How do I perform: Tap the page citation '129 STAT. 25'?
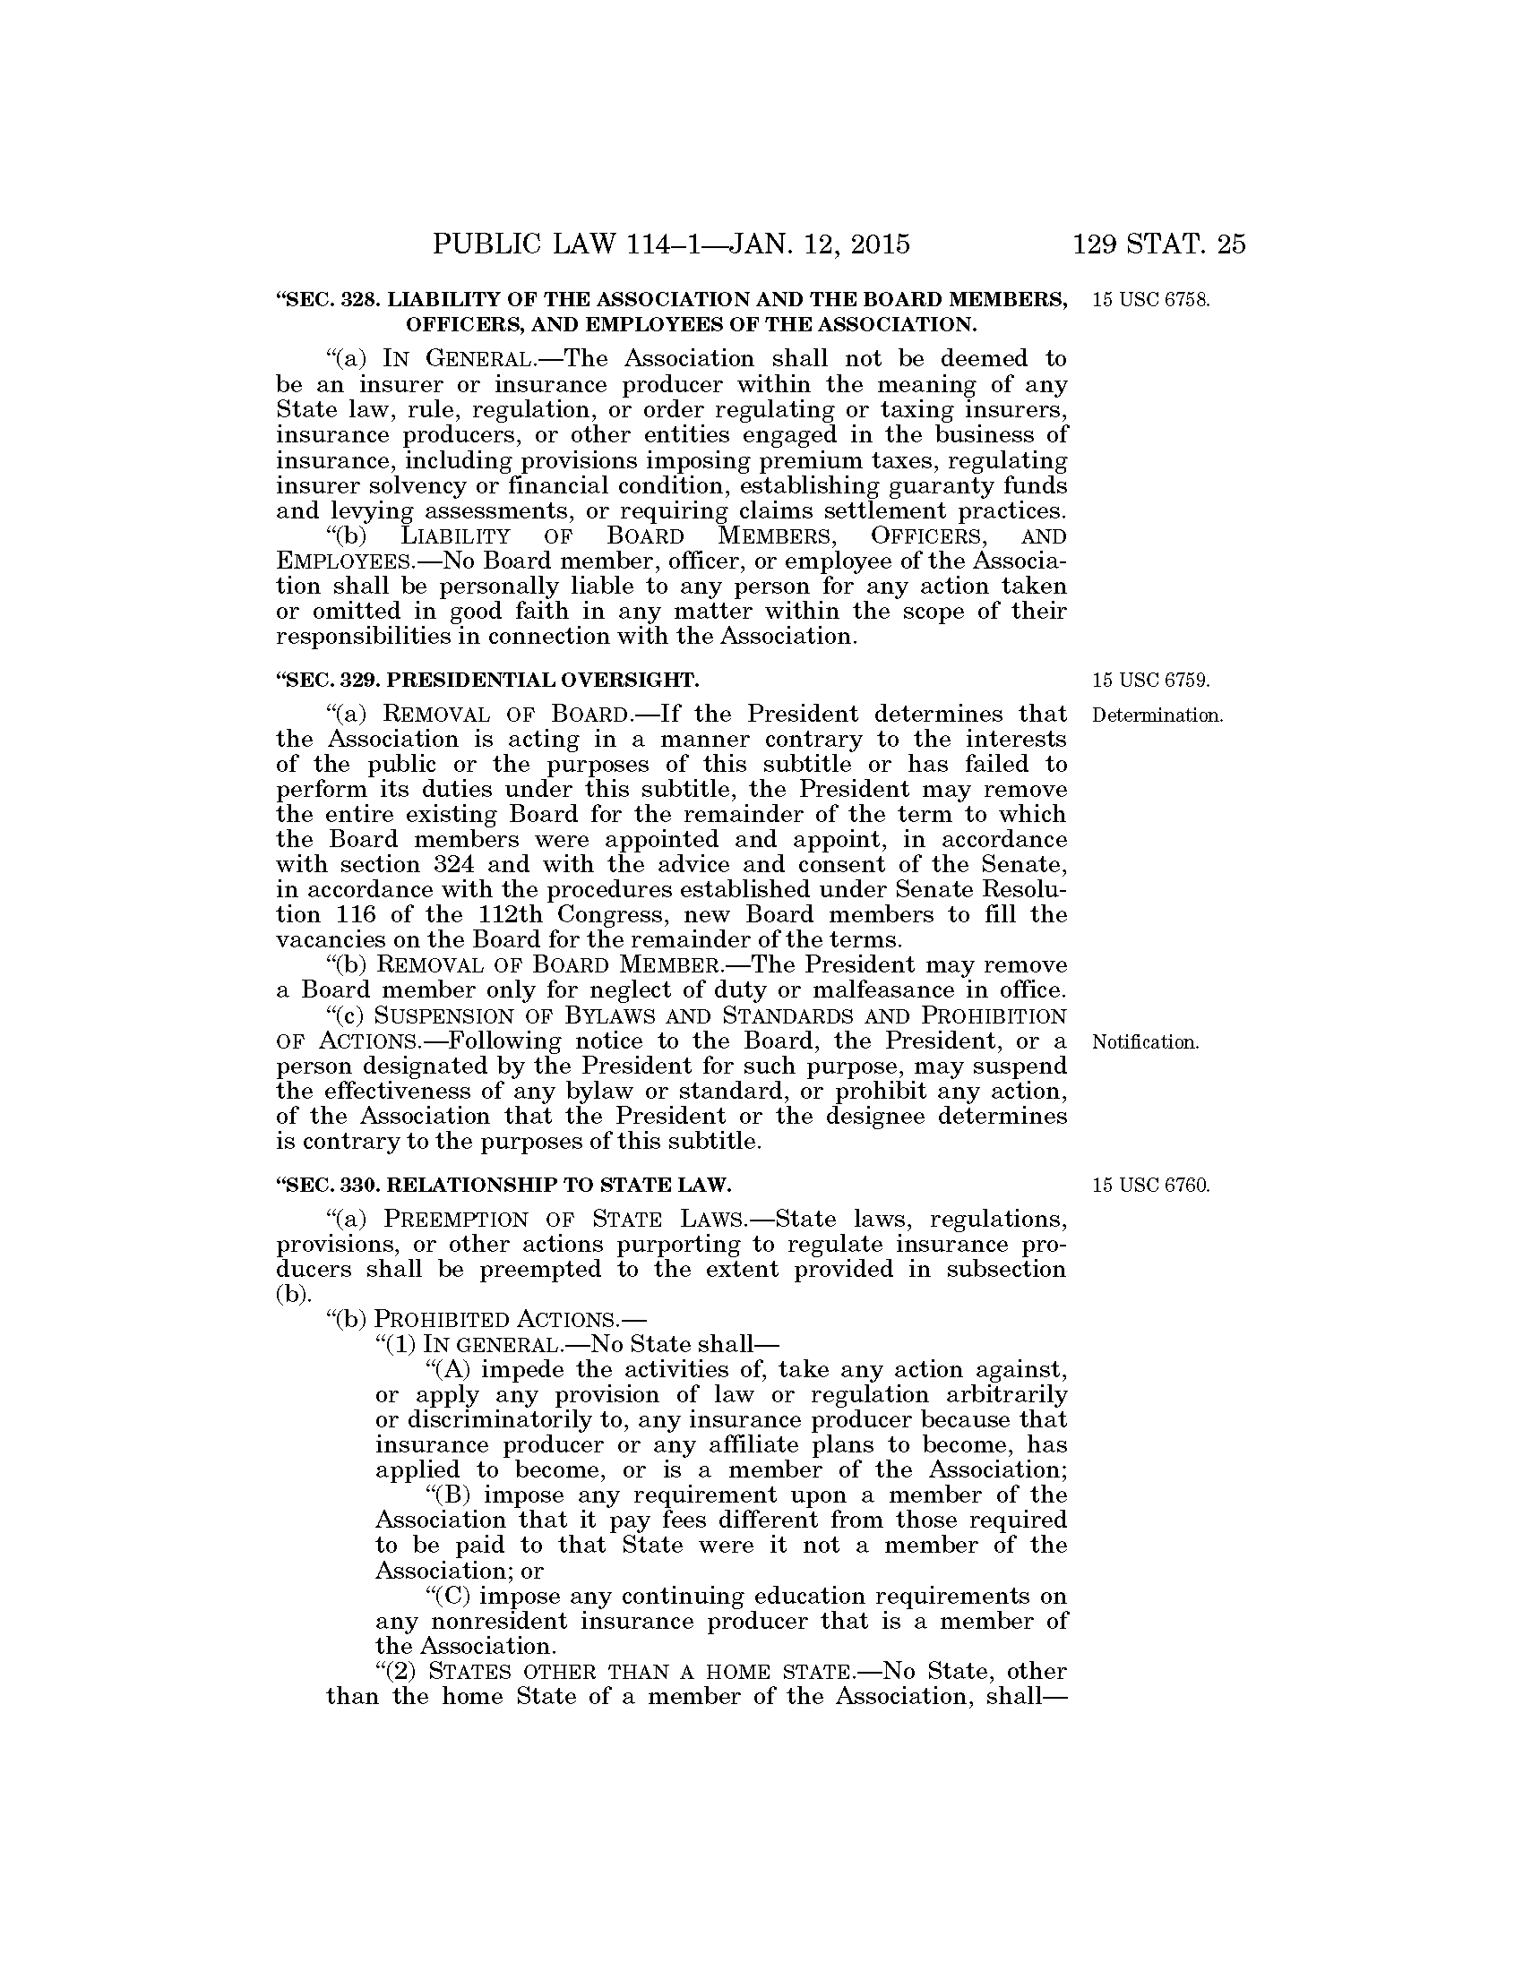tap(1158, 244)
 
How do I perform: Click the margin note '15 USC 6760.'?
tap(1149, 1185)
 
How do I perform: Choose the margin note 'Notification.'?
tap(1145, 1042)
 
